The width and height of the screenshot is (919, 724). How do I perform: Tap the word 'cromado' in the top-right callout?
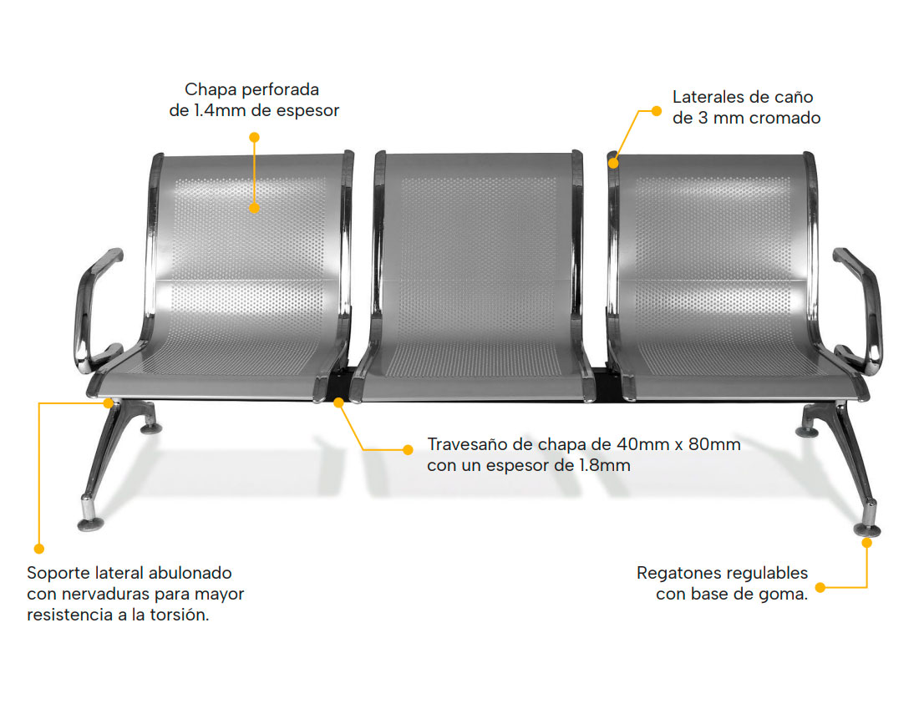point(784,118)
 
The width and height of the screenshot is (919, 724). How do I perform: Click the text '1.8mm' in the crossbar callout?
point(604,465)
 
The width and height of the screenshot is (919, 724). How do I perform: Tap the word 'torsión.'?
point(177,616)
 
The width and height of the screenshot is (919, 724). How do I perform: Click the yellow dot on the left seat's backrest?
point(254,209)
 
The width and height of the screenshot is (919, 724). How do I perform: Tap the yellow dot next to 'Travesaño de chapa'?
point(408,449)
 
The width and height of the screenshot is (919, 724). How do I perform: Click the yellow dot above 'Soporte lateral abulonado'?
point(38,549)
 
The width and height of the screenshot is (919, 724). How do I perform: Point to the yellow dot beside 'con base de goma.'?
point(820,587)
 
